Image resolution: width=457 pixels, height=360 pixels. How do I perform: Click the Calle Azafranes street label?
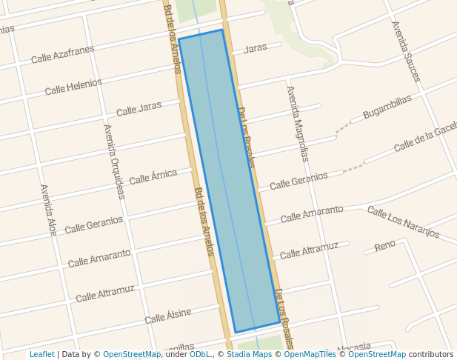[62, 54]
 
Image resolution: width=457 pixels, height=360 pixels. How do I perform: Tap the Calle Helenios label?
[73, 86]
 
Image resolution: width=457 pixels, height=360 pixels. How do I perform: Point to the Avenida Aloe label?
[48, 210]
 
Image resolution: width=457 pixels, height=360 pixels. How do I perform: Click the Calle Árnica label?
[153, 177]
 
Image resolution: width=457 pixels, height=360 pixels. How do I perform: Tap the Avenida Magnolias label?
[298, 124]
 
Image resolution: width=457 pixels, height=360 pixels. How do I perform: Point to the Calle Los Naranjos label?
[403, 222]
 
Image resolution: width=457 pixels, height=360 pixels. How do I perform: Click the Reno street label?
[385, 245]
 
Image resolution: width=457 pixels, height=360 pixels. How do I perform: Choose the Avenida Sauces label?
[406, 51]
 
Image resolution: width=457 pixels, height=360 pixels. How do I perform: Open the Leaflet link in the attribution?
[42, 354]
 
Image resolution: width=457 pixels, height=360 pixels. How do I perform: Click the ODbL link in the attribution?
[200, 354]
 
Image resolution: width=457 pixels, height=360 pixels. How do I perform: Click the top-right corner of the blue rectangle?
[222, 30]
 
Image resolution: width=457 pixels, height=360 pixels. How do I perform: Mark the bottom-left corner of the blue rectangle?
[235, 333]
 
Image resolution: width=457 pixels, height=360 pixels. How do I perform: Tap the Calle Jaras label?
[139, 109]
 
